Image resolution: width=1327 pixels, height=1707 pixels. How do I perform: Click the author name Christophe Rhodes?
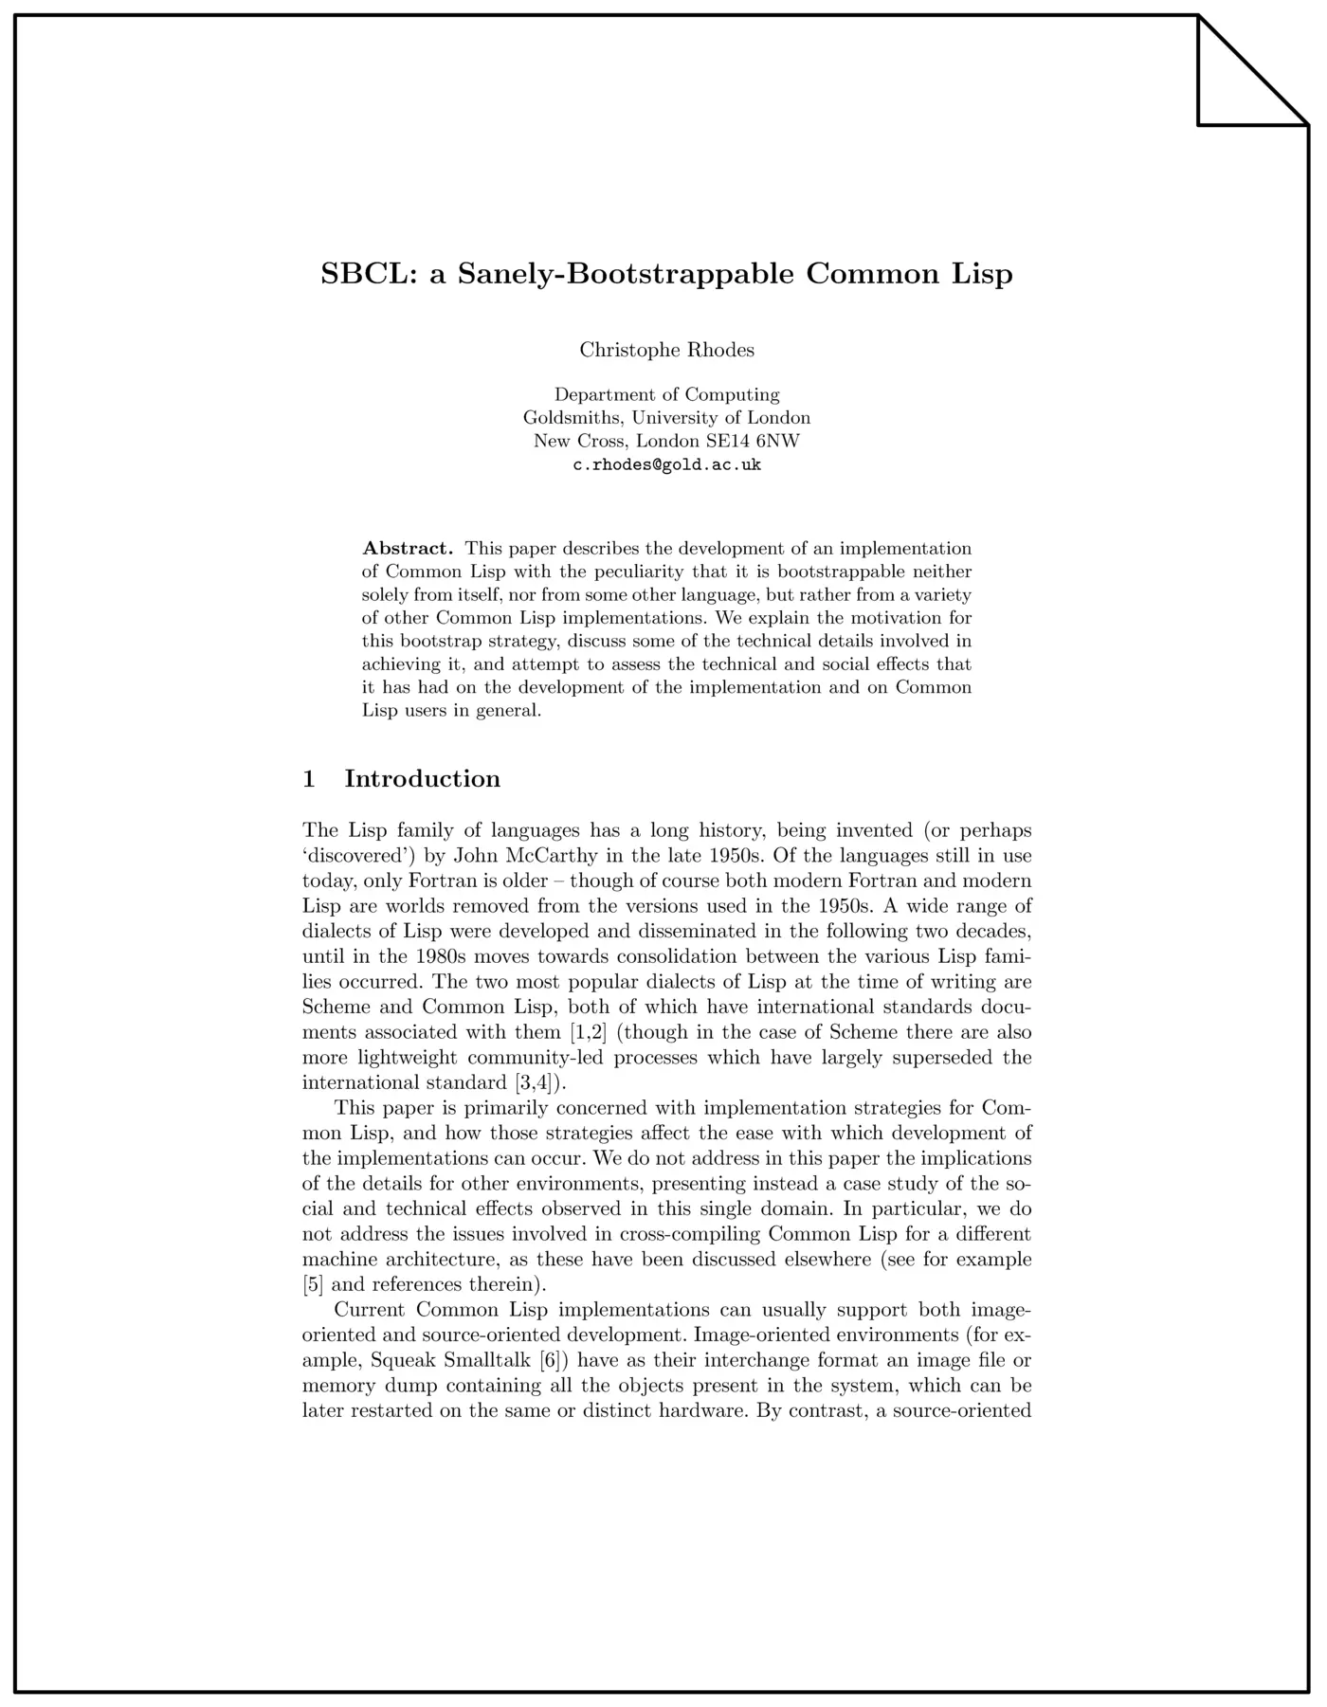point(666,350)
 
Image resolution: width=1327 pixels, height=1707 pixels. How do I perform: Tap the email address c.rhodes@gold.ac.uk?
point(666,464)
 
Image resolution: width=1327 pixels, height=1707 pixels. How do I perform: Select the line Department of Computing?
point(666,394)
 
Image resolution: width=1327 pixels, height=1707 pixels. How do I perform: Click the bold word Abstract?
point(408,548)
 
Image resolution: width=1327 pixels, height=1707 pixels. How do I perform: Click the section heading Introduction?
point(422,778)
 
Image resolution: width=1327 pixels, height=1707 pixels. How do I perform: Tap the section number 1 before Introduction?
point(309,778)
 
